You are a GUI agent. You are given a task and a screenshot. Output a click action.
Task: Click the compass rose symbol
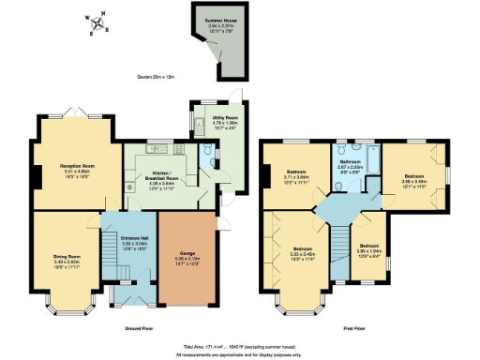(97, 23)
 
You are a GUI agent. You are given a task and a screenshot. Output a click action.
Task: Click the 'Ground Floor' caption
(140, 327)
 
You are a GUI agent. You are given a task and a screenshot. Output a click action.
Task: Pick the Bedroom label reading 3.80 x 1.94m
(366, 253)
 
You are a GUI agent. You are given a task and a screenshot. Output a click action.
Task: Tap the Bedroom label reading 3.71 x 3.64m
(296, 175)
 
